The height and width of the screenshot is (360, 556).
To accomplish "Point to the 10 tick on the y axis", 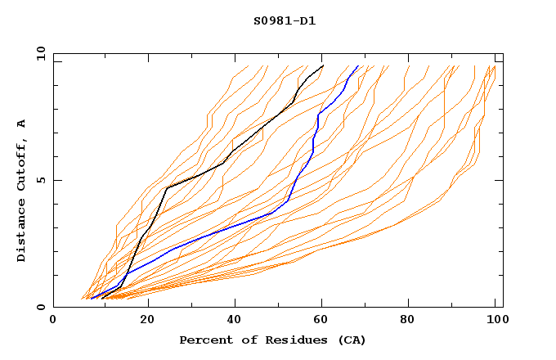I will (x=39, y=53).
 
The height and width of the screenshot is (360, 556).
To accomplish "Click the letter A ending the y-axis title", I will (x=22, y=123).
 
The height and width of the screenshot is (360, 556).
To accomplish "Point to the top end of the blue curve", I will (x=357, y=66).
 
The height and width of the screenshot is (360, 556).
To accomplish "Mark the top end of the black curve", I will (x=323, y=65).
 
